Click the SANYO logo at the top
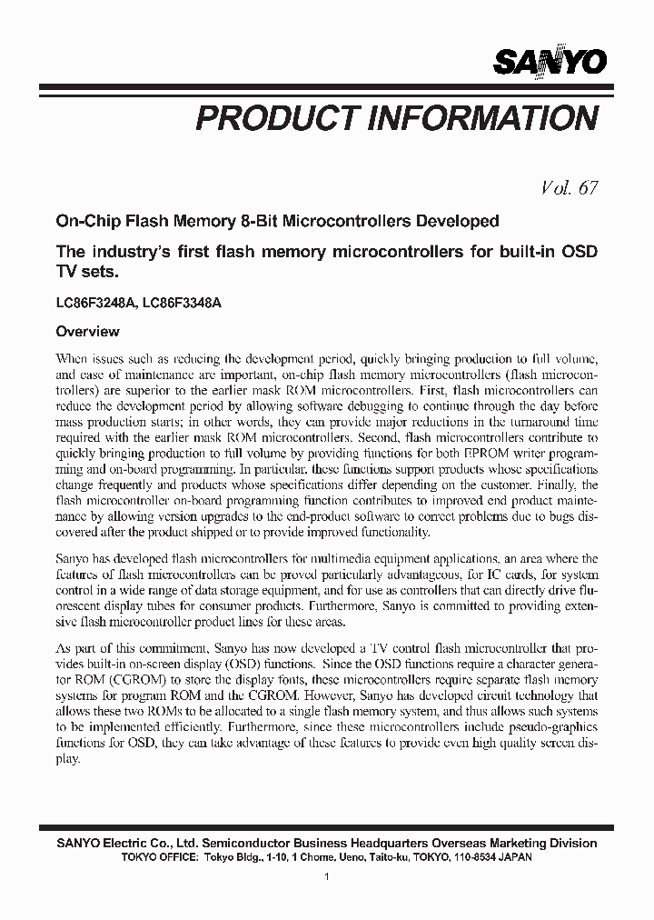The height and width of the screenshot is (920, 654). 550,61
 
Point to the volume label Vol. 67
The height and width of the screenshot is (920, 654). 570,188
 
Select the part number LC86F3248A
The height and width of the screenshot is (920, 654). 96,305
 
